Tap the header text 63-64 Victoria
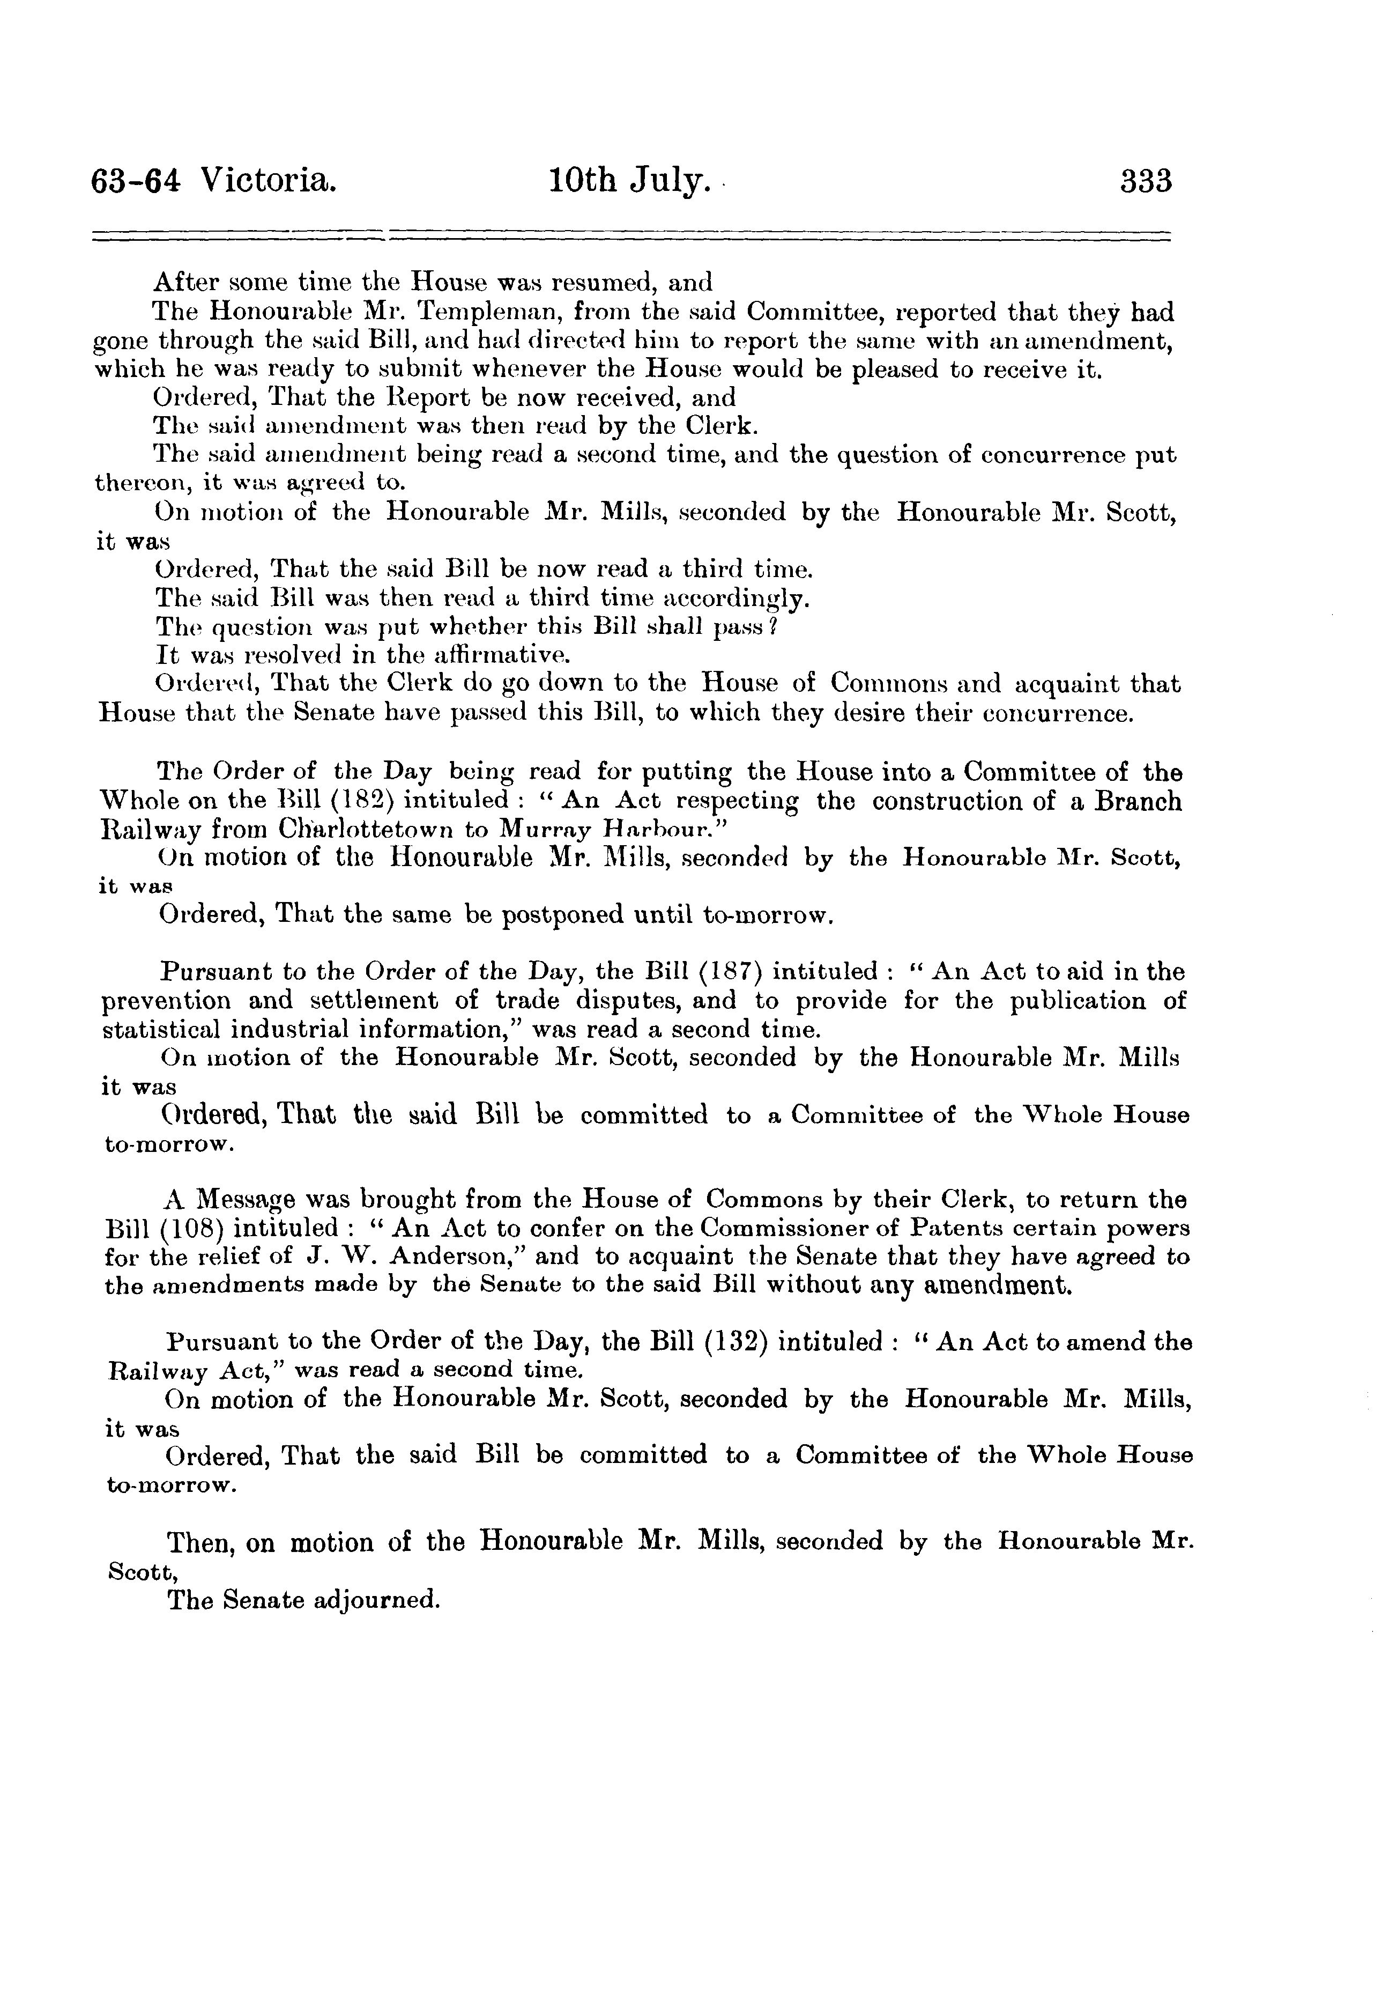(x=213, y=182)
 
